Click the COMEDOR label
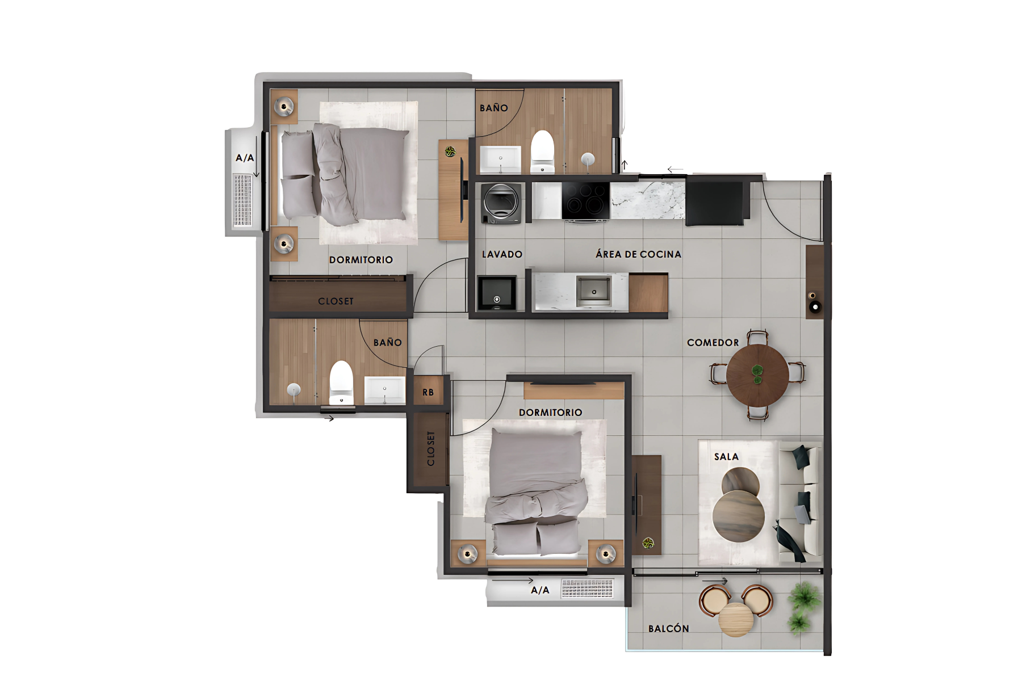click(x=713, y=343)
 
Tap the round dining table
click(x=757, y=375)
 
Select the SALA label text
click(x=726, y=457)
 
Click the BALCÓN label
click(x=668, y=629)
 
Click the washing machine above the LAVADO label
click(x=501, y=203)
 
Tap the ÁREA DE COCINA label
click(x=638, y=254)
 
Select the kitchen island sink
click(x=593, y=291)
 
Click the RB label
click(x=428, y=392)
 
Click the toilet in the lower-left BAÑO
click(x=341, y=382)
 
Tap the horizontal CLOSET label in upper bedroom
click(x=336, y=301)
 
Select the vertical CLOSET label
click(x=431, y=448)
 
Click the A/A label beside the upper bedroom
click(x=245, y=158)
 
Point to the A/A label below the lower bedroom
click(x=540, y=590)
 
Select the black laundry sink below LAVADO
click(x=497, y=293)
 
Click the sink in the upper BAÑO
click(x=500, y=159)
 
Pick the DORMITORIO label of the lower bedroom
click(x=550, y=413)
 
